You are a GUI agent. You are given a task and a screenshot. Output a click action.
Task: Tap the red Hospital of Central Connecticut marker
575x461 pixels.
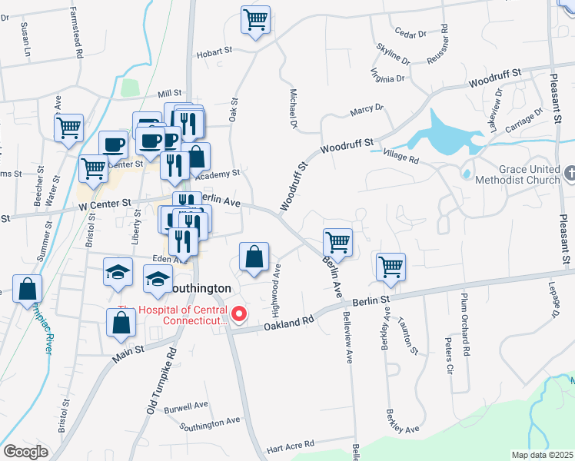pyautogui.click(x=240, y=313)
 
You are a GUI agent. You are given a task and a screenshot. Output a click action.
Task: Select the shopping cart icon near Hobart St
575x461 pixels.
pyautogui.click(x=255, y=20)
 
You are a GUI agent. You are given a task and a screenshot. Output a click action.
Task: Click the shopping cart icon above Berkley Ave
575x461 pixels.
pyautogui.click(x=391, y=267)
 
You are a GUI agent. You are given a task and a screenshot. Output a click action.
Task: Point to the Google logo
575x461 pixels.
pyautogui.click(x=25, y=452)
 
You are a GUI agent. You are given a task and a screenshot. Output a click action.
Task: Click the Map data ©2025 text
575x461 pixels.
pyautogui.click(x=543, y=455)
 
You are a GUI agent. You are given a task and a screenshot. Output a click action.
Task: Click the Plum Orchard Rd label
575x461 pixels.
pyautogui.click(x=465, y=322)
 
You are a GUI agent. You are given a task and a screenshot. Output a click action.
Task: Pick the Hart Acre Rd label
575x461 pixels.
pyautogui.click(x=290, y=444)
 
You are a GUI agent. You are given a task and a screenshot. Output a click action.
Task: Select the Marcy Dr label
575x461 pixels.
pyautogui.click(x=366, y=111)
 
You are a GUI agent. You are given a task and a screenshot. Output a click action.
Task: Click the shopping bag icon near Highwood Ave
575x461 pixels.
pyautogui.click(x=254, y=257)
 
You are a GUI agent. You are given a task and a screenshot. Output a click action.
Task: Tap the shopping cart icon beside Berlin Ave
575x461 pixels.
pyautogui.click(x=337, y=243)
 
